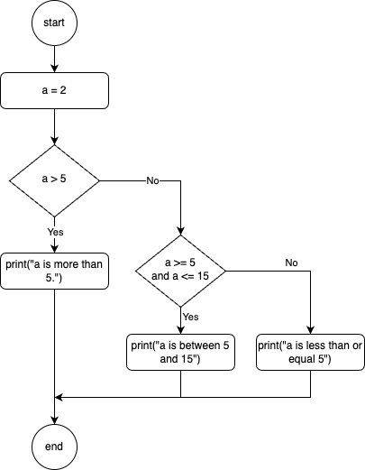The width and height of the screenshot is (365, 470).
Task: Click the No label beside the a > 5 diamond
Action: [x=152, y=180]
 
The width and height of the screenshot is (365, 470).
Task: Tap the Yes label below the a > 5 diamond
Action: [x=56, y=232]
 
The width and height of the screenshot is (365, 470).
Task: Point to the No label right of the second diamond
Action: [x=291, y=263]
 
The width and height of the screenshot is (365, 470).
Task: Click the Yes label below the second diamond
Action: [x=191, y=317]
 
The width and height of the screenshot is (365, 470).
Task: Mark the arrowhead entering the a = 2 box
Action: [x=54, y=69]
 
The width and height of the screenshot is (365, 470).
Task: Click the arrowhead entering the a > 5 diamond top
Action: [x=54, y=141]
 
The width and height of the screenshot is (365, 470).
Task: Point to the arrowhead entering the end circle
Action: [x=54, y=420]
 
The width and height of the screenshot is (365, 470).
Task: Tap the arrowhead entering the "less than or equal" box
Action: [x=310, y=330]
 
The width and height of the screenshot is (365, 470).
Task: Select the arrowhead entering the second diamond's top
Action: [x=180, y=231]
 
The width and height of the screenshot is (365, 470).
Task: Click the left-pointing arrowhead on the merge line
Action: [x=59, y=397]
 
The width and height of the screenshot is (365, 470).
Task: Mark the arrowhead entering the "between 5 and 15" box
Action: [x=180, y=330]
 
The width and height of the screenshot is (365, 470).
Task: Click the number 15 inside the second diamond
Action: [x=203, y=276]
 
